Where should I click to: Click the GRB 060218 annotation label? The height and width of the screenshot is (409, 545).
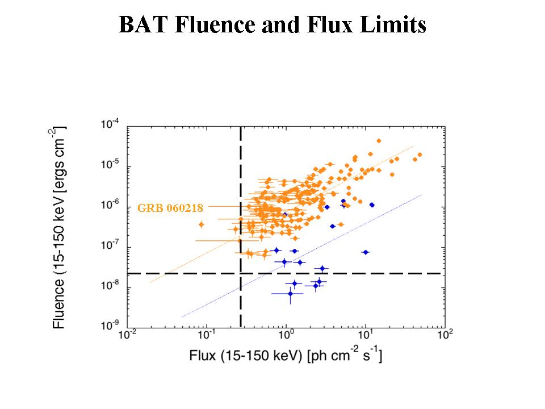click(x=170, y=208)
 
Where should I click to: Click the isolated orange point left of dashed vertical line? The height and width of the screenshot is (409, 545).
click(x=201, y=225)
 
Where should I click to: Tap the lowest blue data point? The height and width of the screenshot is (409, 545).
click(x=290, y=294)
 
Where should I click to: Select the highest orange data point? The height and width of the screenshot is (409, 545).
click(x=379, y=141)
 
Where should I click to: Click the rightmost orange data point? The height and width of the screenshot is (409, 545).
click(x=420, y=155)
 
